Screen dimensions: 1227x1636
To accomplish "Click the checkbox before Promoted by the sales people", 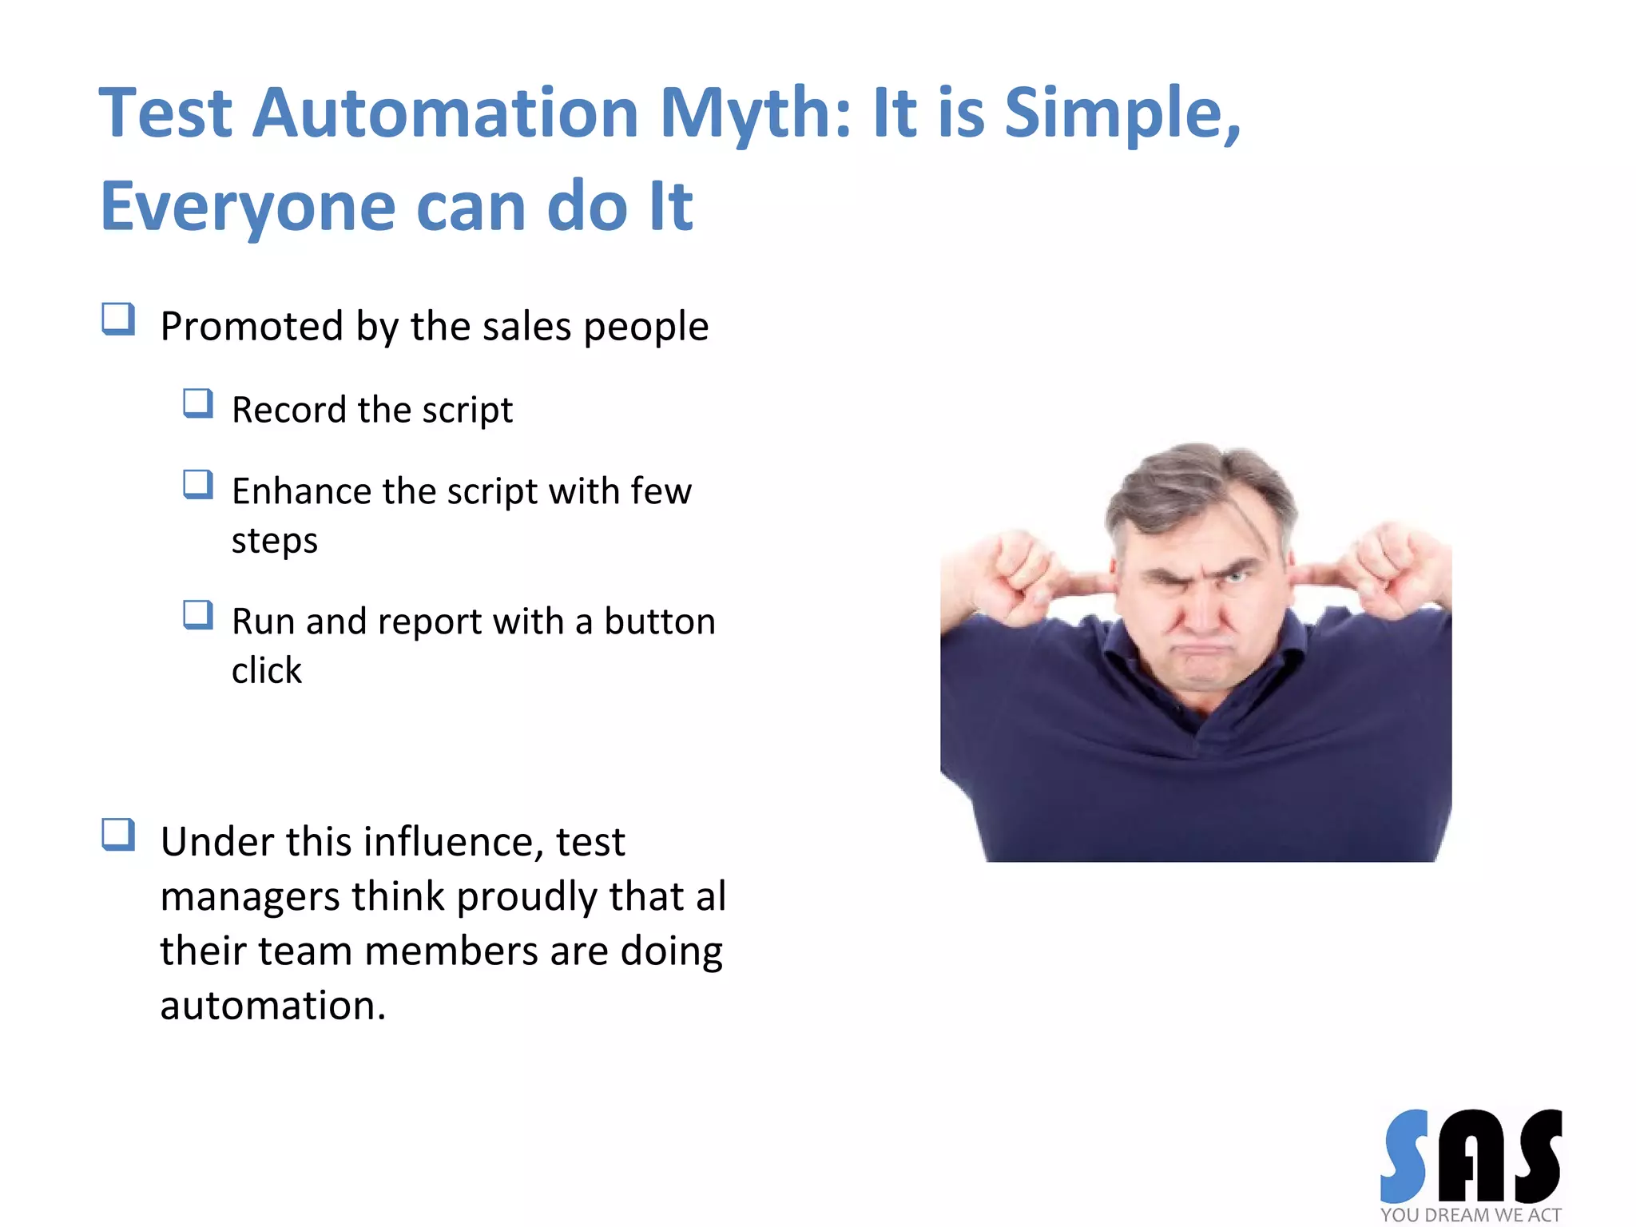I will (x=118, y=319).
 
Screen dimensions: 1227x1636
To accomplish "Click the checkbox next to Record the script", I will (x=197, y=403).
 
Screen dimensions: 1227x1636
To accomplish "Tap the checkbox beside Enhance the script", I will (x=197, y=484).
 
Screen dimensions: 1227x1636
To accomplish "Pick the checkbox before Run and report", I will (x=197, y=615).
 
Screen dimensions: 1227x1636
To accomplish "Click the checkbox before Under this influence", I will (x=118, y=835).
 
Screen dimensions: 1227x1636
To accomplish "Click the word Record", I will (x=289, y=410).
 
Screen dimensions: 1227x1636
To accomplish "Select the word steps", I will (x=275, y=541).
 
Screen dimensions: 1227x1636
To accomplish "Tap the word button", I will (x=659, y=621).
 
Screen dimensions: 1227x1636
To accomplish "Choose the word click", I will (x=267, y=670).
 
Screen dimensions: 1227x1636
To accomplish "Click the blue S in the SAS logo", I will (x=1405, y=1156).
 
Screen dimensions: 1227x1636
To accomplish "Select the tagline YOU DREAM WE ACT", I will (x=1470, y=1215).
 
